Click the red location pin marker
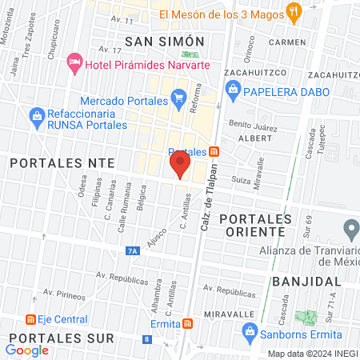pos(179,166)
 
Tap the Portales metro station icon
pos(214,152)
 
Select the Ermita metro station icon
pos(187,324)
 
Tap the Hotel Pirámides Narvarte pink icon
pos(74,62)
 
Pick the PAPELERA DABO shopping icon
pos(234,90)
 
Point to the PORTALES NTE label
pos(62,162)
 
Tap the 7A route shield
pos(133,251)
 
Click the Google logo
pos(27,350)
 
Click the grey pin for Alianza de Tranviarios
pos(350,229)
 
